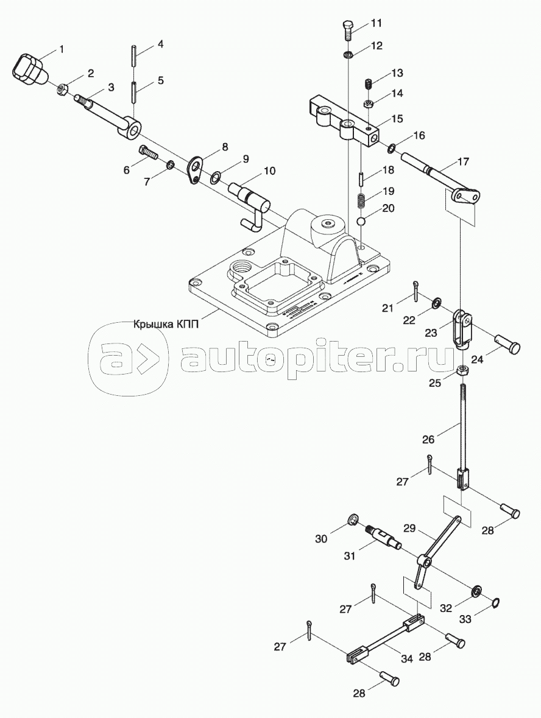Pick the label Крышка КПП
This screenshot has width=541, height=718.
click(166, 324)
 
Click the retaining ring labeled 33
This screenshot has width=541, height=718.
click(497, 603)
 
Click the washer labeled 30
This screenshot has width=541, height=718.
click(352, 519)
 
